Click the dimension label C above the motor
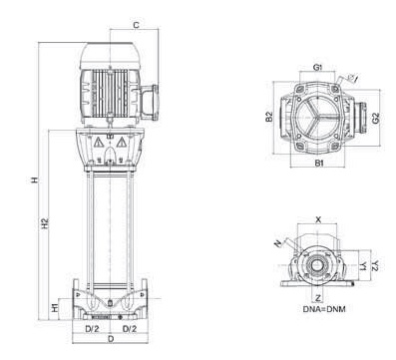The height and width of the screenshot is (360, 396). tap(136, 25)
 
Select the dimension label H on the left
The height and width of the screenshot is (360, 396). tap(35, 180)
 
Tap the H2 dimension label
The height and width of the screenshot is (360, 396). tap(45, 222)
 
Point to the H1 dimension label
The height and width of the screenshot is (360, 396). tap(55, 308)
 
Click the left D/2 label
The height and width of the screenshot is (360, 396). tap(92, 329)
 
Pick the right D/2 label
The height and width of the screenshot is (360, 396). tap(130, 329)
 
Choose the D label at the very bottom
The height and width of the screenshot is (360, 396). tap(111, 339)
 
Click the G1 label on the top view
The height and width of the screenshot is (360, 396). tap(318, 68)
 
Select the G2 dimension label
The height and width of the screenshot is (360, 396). tap(376, 119)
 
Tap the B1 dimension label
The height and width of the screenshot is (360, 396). tap(319, 164)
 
